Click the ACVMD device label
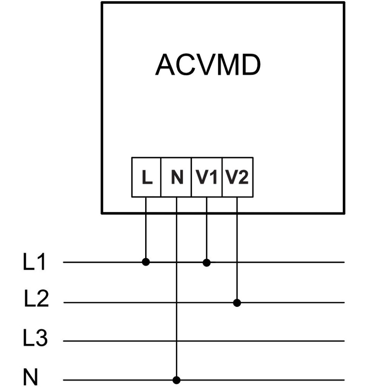(x=208, y=65)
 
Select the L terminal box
(x=146, y=177)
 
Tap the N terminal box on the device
(x=176, y=177)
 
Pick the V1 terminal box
(x=207, y=177)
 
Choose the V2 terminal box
(x=238, y=177)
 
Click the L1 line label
(x=34, y=262)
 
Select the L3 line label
(x=35, y=337)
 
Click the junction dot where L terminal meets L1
(x=146, y=262)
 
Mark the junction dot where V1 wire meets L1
(x=207, y=263)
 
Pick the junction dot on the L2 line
(x=237, y=303)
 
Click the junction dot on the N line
(x=176, y=380)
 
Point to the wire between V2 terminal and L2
(x=237, y=250)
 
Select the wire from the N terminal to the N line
(x=176, y=289)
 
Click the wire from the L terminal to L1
(x=146, y=229)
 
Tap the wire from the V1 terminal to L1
(x=207, y=230)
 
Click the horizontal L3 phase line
(x=204, y=341)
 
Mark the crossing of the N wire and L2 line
(x=176, y=302)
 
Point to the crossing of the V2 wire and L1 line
(x=237, y=262)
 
